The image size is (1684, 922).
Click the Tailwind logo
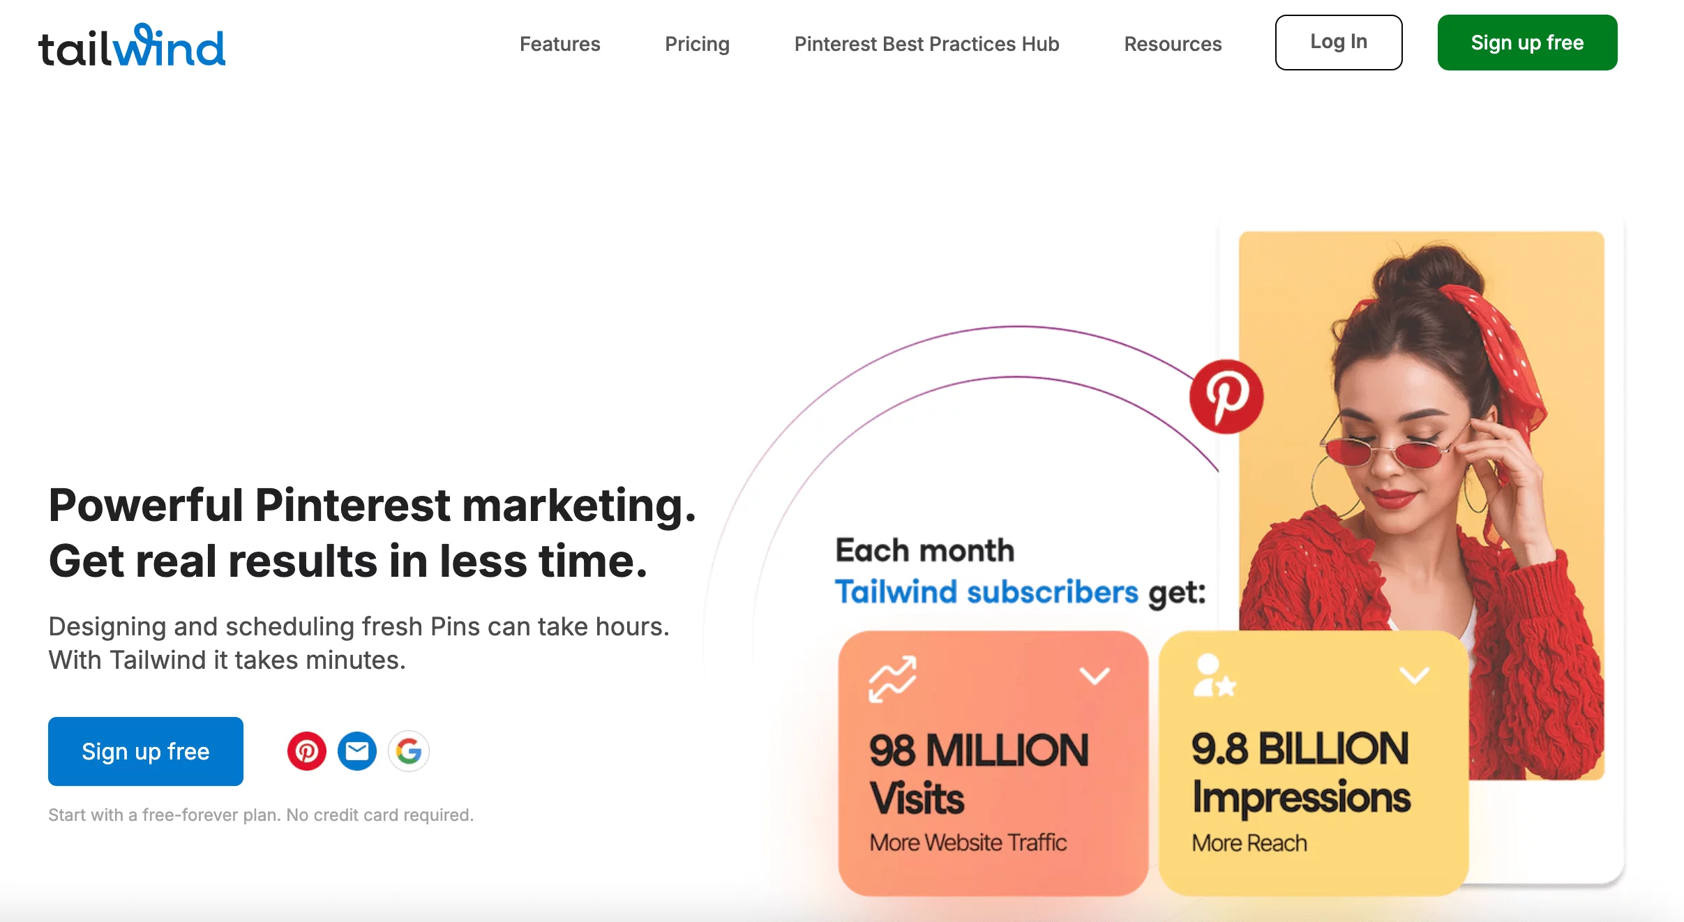pyautogui.click(x=132, y=45)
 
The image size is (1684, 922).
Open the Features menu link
pyautogui.click(x=559, y=44)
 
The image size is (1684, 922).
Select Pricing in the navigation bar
pyautogui.click(x=697, y=44)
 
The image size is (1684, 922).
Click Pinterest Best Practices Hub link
pyautogui.click(x=926, y=44)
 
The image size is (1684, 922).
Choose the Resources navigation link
pyautogui.click(x=1173, y=44)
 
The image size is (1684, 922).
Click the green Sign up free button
pyautogui.click(x=1527, y=43)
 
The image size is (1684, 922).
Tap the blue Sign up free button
pyautogui.click(x=146, y=751)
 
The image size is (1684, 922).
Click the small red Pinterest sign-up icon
pyautogui.click(x=307, y=751)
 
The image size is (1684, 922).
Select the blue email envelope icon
pyautogui.click(x=357, y=751)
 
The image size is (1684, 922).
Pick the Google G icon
pyautogui.click(x=409, y=751)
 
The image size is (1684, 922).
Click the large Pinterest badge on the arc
pyautogui.click(x=1226, y=396)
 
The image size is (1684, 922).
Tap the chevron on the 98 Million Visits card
pyautogui.click(x=1095, y=675)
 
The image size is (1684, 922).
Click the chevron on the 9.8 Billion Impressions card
pyautogui.click(x=1415, y=674)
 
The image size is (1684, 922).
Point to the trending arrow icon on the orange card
pyautogui.click(x=892, y=679)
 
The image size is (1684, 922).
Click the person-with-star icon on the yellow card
pyautogui.click(x=1215, y=675)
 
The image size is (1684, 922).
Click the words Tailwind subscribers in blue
pyautogui.click(x=986, y=591)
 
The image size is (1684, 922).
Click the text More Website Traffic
pyautogui.click(x=968, y=842)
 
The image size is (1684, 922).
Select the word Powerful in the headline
pyautogui.click(x=146, y=505)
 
